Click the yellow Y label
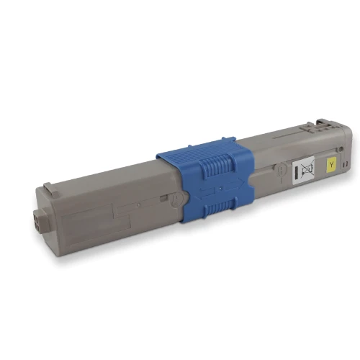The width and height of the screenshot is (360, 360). tap(331, 165)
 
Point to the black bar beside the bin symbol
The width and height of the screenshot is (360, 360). tap(296, 173)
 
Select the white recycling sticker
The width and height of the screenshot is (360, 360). tap(303, 170)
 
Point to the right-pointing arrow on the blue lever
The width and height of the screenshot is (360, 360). tap(235, 185)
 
